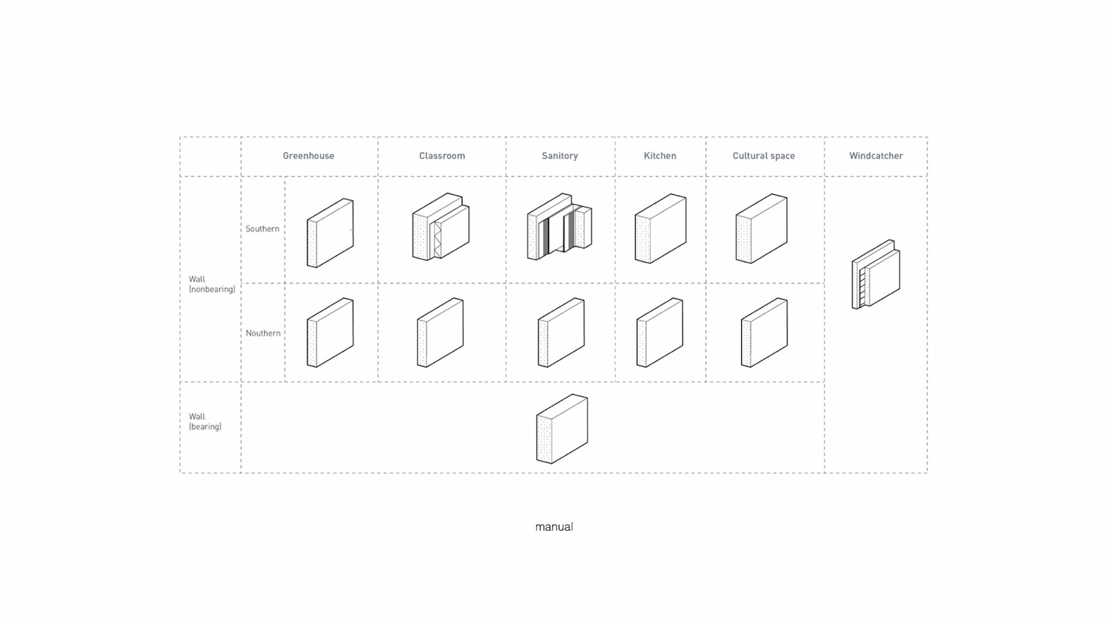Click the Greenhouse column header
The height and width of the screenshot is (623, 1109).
[x=308, y=156]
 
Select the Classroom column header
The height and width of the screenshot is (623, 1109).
[x=442, y=156]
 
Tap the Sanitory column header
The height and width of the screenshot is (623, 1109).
[x=560, y=156]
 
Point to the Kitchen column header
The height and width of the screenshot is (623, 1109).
[x=660, y=156]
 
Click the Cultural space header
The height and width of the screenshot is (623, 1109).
[x=764, y=156]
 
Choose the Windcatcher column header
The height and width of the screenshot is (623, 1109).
[x=876, y=156]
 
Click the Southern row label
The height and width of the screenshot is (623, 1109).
[x=262, y=229]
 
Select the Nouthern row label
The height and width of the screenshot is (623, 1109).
[x=263, y=333]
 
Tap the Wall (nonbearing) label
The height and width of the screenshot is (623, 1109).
[x=211, y=284]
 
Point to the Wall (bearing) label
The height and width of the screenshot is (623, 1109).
[x=204, y=421]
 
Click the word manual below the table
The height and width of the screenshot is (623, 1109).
[x=554, y=527]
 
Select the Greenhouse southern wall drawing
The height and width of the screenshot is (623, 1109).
[x=330, y=233]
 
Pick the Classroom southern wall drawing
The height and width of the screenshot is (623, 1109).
[x=441, y=226]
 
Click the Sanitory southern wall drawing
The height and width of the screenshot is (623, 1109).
[x=559, y=226]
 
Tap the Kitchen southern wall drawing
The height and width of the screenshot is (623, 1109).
[x=660, y=228]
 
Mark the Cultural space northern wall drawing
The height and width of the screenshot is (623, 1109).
[x=764, y=332]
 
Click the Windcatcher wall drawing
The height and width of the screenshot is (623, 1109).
[x=876, y=274]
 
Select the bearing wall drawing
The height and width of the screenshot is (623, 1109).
[x=562, y=428]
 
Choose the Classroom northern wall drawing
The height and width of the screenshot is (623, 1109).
[x=440, y=332]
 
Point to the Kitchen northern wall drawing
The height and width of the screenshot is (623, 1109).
[x=660, y=332]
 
